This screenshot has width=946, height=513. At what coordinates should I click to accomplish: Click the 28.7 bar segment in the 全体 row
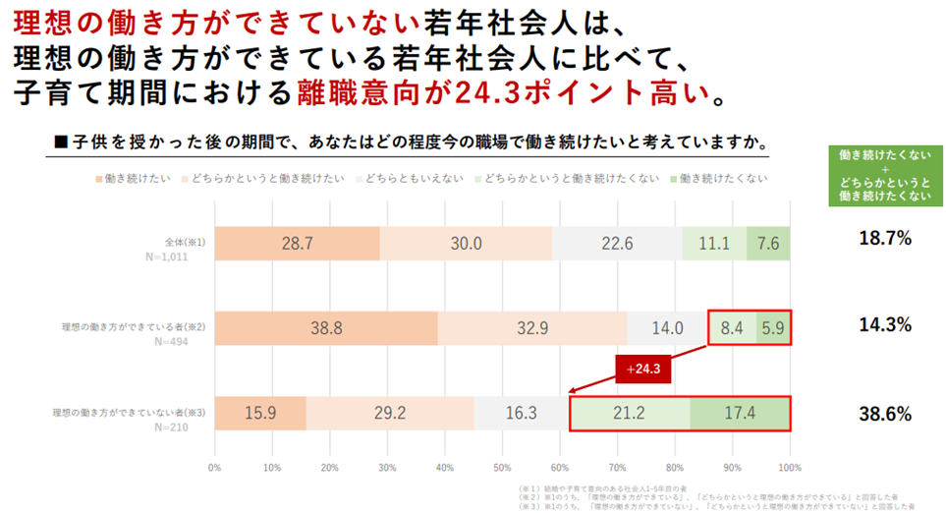point(297,243)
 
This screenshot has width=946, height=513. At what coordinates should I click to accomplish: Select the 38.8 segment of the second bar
point(326,328)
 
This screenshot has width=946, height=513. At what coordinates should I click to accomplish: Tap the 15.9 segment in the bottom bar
point(260,413)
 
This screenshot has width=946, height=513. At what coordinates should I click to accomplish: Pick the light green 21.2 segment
point(631,413)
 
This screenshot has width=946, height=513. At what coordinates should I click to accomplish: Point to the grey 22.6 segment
point(617,243)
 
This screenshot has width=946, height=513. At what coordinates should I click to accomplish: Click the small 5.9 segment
point(773,328)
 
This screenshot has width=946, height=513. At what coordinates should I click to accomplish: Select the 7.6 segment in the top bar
point(768,243)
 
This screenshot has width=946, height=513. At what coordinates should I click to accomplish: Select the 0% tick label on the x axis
point(215,466)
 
